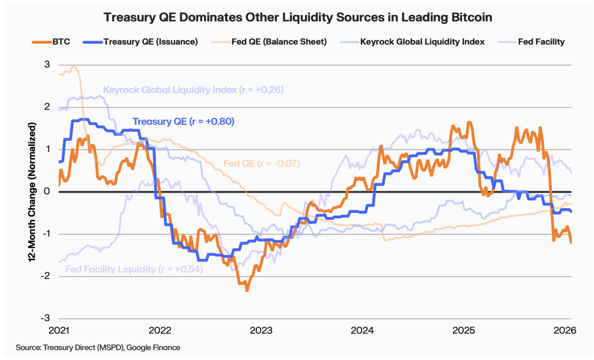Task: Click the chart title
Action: (x=297, y=17)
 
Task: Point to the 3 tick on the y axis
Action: (x=47, y=65)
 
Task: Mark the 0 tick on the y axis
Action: (x=47, y=192)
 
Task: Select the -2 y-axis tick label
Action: (x=46, y=277)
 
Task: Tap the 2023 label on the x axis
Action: (x=261, y=330)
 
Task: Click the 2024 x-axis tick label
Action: (x=362, y=330)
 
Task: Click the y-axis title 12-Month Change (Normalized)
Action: (x=32, y=192)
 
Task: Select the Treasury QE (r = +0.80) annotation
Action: (x=183, y=121)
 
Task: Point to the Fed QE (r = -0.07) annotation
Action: (x=261, y=164)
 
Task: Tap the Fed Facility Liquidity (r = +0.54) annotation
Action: (x=134, y=269)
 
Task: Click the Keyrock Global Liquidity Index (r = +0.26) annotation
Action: (x=193, y=90)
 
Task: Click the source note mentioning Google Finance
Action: (x=98, y=347)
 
